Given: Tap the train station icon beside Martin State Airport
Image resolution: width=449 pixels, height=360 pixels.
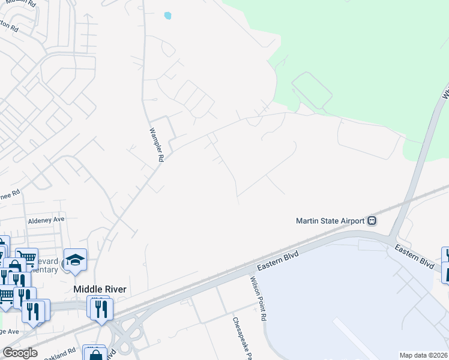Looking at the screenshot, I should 372,220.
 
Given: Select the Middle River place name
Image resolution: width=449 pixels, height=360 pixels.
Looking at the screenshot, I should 100,289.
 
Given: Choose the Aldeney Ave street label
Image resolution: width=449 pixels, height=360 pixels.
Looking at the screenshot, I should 46,220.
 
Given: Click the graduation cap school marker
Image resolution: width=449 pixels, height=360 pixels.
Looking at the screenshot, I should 75,260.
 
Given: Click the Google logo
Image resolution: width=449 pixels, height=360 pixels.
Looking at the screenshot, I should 20,353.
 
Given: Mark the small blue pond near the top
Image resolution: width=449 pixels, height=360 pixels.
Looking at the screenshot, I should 167,16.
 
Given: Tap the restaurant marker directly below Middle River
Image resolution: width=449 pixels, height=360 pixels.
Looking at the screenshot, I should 101,308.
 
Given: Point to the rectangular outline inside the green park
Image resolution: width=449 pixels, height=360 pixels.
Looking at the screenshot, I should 312,90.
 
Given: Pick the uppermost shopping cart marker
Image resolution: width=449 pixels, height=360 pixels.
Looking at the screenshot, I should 26,259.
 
